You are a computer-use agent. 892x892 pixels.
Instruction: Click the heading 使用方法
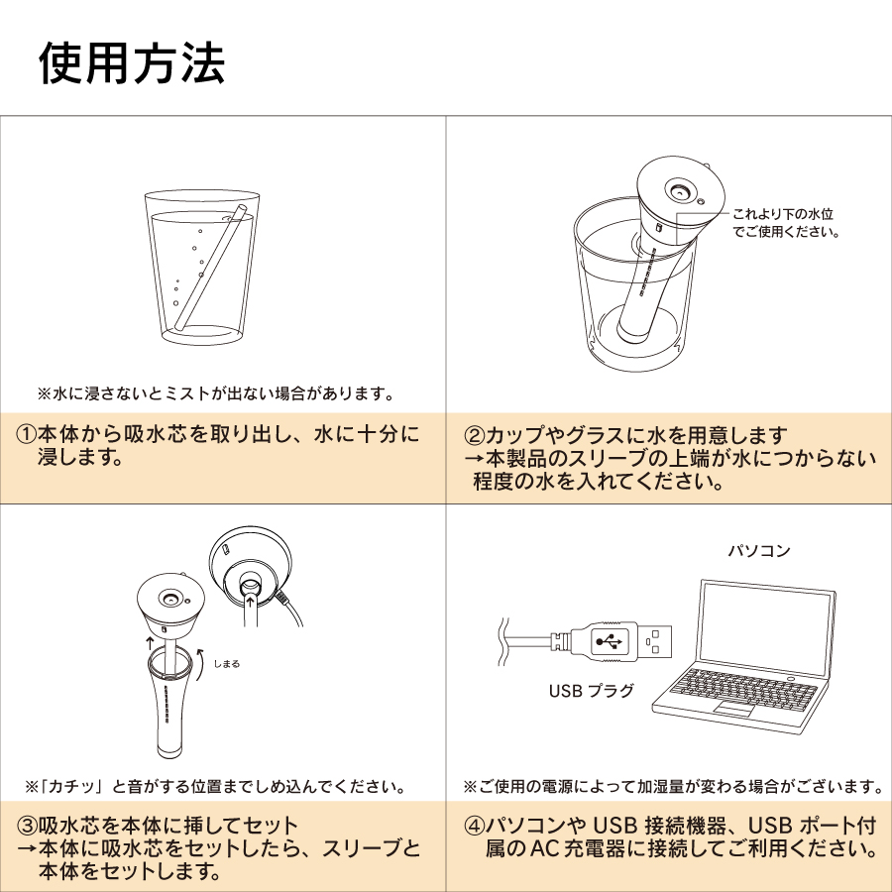132,63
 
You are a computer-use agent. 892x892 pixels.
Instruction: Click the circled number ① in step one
26,435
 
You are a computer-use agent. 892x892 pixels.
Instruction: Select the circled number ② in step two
475,436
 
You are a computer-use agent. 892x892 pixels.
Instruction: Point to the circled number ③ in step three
27,826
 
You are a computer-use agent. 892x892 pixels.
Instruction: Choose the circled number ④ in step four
475,826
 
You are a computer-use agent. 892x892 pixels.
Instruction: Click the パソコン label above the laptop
759,551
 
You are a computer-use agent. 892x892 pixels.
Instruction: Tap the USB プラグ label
591,691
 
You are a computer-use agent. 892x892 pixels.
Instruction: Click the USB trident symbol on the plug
610,641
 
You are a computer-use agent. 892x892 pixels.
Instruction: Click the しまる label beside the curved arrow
226,663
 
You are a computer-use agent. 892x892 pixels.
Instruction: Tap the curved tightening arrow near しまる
201,664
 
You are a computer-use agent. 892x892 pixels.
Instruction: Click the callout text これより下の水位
782,214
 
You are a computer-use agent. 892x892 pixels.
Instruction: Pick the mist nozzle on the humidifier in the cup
679,192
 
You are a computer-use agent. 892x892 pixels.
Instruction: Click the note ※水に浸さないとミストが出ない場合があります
216,393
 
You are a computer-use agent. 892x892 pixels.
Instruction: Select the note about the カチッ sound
216,787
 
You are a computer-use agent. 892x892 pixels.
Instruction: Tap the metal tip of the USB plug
654,641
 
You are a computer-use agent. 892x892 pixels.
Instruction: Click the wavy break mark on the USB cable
502,641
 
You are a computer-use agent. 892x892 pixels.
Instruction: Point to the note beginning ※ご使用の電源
674,787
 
